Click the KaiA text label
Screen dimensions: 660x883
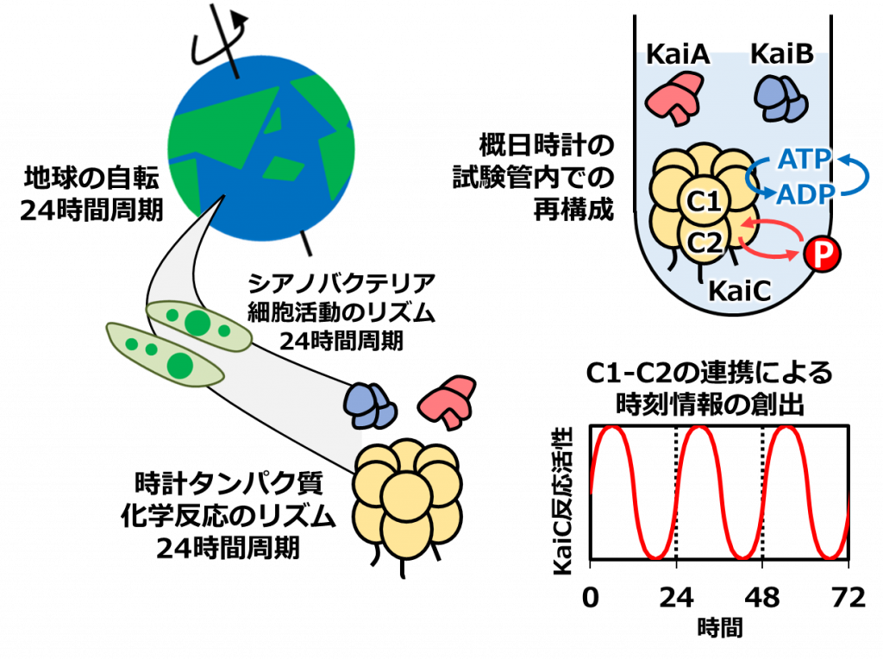(678, 56)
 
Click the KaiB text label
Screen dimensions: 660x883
(781, 56)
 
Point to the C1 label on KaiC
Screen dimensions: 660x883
(702, 204)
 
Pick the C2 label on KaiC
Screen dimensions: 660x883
(703, 244)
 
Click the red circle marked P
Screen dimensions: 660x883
(821, 255)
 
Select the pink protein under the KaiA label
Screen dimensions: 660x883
(676, 96)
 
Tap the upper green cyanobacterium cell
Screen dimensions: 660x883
(198, 324)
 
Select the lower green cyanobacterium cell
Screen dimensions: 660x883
(165, 355)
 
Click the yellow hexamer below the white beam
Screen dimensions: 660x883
(407, 500)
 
